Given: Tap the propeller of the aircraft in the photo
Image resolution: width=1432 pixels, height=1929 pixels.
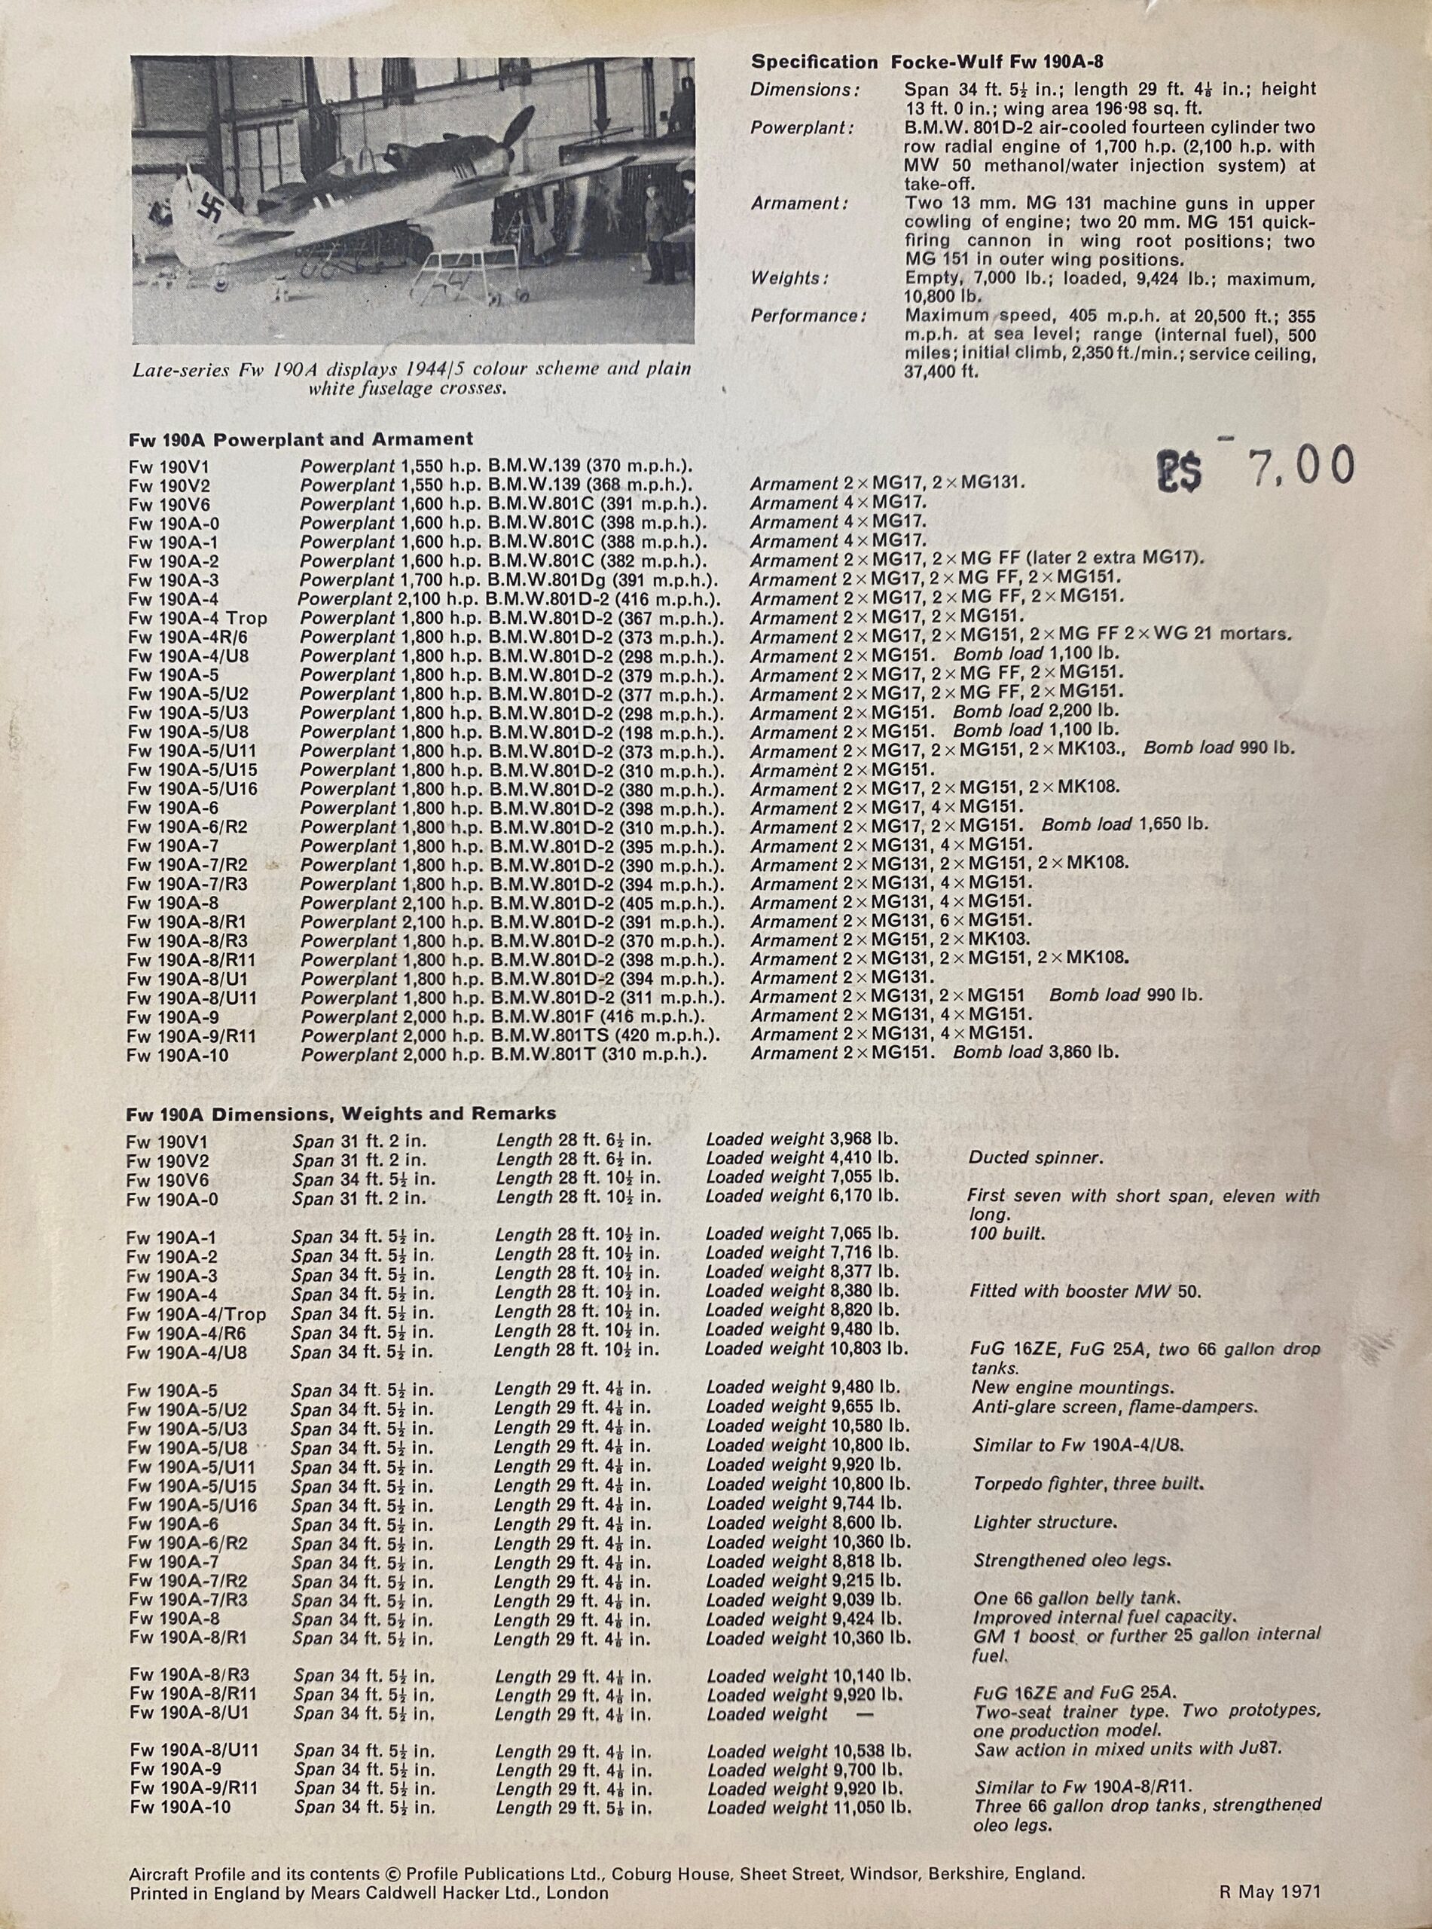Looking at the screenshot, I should [511, 139].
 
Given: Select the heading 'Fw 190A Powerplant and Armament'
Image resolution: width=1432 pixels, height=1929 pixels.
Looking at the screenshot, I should [301, 439].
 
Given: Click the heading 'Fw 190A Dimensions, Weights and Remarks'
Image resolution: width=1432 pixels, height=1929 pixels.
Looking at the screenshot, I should [340, 1113].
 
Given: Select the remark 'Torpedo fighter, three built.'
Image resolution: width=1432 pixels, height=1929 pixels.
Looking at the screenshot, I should [1089, 1484].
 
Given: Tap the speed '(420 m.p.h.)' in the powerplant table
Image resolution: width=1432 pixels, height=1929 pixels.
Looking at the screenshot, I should [673, 1035].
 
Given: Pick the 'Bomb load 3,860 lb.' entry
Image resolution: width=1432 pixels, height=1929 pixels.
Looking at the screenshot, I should [1036, 1053].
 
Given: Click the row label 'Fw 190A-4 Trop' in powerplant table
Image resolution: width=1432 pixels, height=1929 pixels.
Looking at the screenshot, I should [197, 618].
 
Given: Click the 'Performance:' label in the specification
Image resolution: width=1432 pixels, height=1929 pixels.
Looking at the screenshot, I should [808, 316].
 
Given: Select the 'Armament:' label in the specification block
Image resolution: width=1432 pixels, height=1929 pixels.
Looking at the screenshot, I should [799, 203].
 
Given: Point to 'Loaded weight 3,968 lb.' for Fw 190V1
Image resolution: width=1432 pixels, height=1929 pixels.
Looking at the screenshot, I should [801, 1139].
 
